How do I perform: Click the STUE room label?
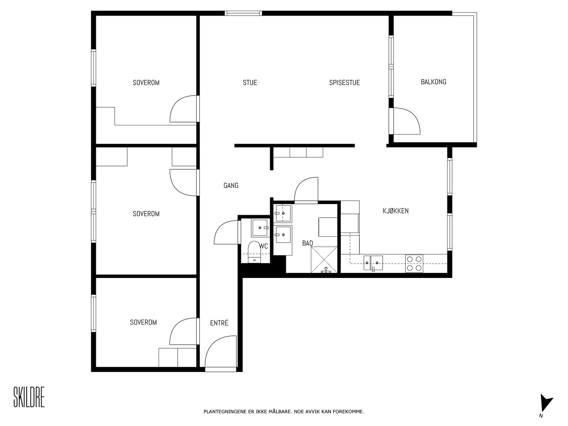pos(250,82)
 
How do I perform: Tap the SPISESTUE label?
pos(344,82)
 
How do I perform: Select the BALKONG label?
pos(433,82)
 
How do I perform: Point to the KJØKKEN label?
pos(395,211)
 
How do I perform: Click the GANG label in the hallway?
pos(231,185)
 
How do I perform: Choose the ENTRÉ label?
pos(219,323)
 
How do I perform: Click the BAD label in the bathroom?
pos(307,243)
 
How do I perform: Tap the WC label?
pos(264,246)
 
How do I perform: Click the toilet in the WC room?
pos(255,252)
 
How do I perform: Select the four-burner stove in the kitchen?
pos(414,263)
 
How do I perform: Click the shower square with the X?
pos(324,260)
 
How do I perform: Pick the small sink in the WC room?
pos(260,228)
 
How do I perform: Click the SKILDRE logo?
pos(29,397)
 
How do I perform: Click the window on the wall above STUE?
pos(243,13)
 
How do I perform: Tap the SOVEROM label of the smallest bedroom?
pos(143,322)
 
